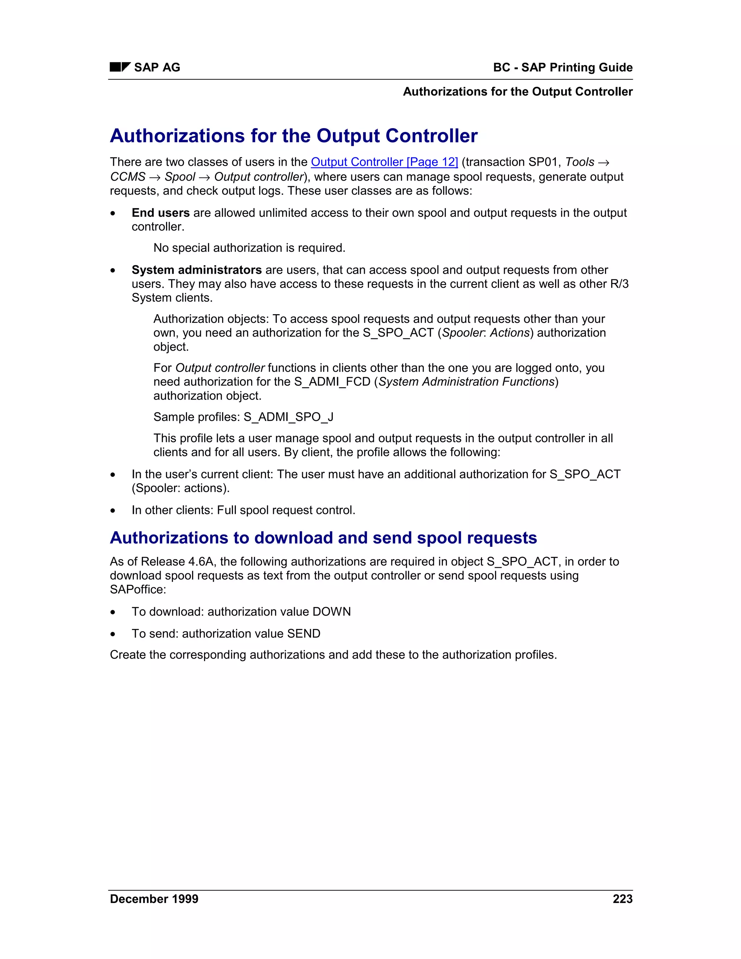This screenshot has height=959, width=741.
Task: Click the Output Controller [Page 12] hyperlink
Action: [x=384, y=162]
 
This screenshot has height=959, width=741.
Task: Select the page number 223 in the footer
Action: [x=622, y=899]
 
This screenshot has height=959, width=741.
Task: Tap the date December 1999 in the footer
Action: [x=154, y=899]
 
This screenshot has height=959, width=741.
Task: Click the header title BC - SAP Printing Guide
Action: [x=562, y=67]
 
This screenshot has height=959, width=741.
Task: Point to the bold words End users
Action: [x=160, y=213]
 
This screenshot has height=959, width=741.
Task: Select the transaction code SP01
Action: [x=543, y=162]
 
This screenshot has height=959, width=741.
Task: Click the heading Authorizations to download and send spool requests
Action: [x=323, y=538]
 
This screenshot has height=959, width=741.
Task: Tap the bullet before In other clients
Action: [x=113, y=511]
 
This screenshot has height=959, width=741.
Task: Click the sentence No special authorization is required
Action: [x=249, y=248]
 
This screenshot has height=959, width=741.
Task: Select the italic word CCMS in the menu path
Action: [x=127, y=177]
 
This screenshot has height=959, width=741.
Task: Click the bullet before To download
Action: [x=113, y=612]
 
